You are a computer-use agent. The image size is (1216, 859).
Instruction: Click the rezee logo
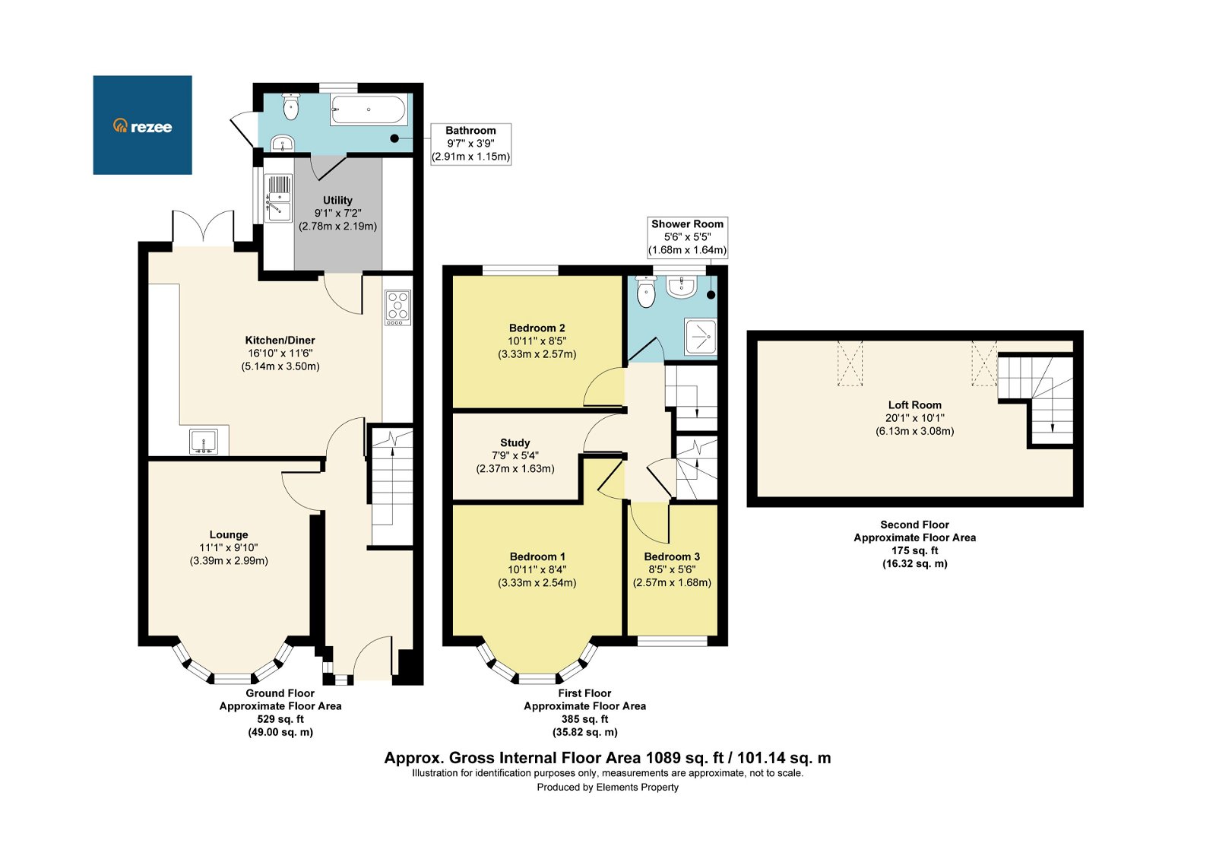(142, 125)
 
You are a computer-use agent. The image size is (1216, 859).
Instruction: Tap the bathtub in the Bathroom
(368, 110)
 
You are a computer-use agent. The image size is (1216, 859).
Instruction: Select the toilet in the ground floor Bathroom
(290, 107)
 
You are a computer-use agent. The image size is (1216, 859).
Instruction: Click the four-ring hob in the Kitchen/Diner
(397, 307)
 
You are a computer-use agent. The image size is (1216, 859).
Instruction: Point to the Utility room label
(337, 201)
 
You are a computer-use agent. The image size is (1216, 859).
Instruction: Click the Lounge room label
(229, 534)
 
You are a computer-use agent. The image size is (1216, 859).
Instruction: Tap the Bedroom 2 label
(537, 328)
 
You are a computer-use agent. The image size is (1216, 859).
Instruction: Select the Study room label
(515, 442)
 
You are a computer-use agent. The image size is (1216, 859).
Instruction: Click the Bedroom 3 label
(672, 556)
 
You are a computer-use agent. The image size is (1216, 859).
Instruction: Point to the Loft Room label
(914, 405)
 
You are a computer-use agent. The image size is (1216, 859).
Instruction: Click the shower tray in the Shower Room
(700, 337)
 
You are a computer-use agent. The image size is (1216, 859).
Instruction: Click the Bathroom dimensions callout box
(470, 144)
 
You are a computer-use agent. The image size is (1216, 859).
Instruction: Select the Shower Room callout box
(687, 236)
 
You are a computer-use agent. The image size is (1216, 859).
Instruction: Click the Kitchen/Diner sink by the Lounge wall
(204, 442)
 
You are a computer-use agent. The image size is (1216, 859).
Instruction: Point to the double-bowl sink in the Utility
(279, 198)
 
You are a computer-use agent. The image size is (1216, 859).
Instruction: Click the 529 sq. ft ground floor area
(280, 719)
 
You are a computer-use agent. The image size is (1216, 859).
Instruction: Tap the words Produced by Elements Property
(607, 788)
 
